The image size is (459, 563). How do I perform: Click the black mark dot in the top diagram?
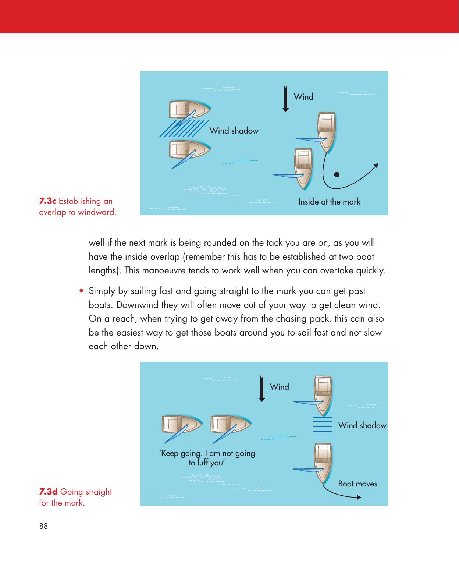click(x=337, y=174)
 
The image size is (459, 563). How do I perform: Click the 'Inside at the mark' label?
click(x=329, y=202)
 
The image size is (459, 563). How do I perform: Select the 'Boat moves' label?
click(x=357, y=484)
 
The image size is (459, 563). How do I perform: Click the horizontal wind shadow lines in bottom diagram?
click(x=323, y=426)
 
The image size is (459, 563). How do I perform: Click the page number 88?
click(x=43, y=526)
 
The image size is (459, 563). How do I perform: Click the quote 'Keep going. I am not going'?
click(x=207, y=453)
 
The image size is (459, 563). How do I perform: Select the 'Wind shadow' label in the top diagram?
click(x=234, y=131)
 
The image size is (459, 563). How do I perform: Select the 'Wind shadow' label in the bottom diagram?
click(x=362, y=425)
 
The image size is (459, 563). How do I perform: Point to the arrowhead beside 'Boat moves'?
click(x=359, y=497)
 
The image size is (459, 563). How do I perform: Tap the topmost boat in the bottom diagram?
click(x=322, y=394)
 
